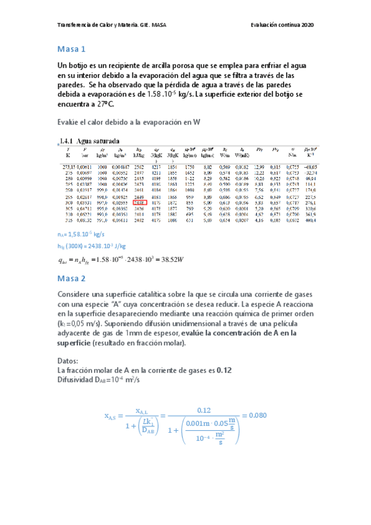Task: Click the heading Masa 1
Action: pos(71,48)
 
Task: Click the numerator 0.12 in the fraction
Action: pos(204,409)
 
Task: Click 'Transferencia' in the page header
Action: pos(74,25)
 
